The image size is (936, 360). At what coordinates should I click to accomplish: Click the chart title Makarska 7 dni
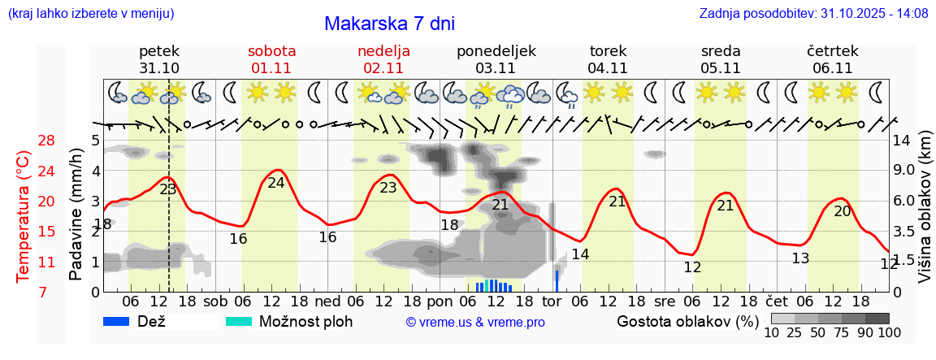click(389, 24)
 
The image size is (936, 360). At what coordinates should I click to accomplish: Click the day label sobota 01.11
click(271, 59)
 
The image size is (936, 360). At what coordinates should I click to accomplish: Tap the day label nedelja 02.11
click(383, 59)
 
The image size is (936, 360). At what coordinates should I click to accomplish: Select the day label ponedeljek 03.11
click(496, 59)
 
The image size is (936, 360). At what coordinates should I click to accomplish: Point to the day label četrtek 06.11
click(832, 59)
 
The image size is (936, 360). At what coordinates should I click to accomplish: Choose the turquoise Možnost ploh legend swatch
click(240, 321)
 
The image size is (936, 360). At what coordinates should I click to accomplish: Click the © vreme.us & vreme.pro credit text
click(475, 323)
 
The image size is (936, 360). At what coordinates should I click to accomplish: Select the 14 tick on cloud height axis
click(903, 141)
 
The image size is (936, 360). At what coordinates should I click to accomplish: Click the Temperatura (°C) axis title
click(24, 216)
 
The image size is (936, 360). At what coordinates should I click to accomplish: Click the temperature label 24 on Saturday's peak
click(276, 183)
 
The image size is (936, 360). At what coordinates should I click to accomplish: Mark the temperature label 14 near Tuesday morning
click(580, 254)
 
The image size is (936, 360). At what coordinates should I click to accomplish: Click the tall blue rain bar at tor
click(557, 280)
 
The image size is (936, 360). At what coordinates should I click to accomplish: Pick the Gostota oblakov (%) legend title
click(687, 321)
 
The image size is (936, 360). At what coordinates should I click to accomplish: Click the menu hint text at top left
click(90, 14)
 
